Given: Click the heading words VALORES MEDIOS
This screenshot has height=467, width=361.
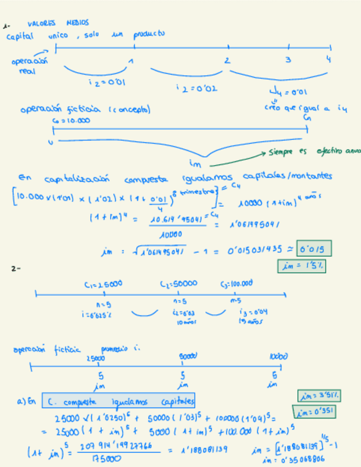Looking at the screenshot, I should (x=58, y=24).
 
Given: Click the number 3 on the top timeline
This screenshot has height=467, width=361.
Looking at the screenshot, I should (x=287, y=59).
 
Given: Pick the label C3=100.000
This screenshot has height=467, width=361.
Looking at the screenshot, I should (x=237, y=284).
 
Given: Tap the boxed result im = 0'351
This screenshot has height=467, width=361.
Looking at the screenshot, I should (x=315, y=411).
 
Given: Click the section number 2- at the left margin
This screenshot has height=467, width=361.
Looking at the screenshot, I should (x=15, y=268).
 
